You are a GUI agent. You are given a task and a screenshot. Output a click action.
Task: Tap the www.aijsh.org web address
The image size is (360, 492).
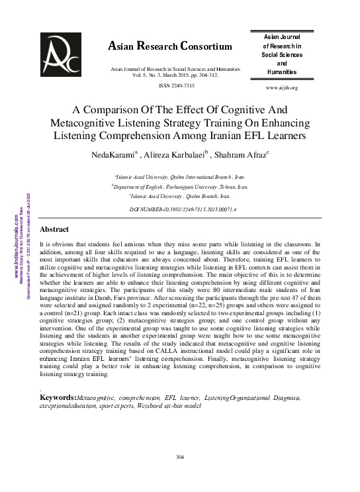pyautogui.click(x=281, y=87)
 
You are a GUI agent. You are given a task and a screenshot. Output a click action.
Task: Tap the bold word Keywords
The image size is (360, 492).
pyautogui.click(x=58, y=397)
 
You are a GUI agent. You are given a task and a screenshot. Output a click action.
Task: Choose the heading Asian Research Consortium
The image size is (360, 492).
pyautogui.click(x=169, y=46)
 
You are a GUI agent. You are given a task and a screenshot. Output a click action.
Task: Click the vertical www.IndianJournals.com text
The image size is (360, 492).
pyautogui.click(x=16, y=245)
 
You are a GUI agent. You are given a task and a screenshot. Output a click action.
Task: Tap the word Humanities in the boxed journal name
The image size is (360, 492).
pyautogui.click(x=281, y=72)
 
